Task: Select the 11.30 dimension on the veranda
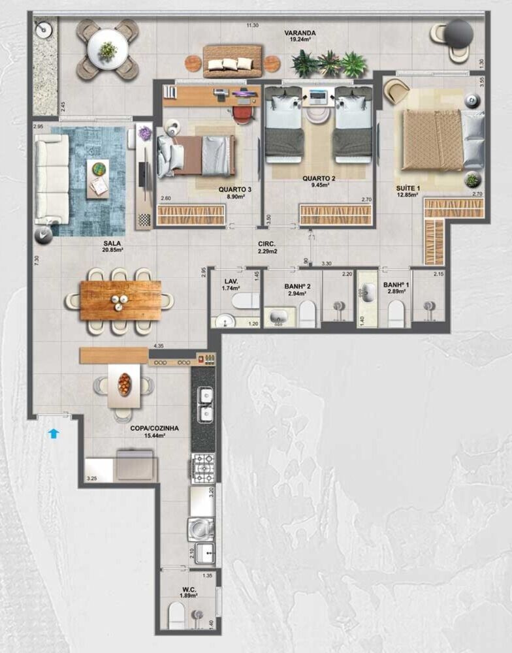pos(252,25)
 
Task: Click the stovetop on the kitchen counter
pos(203,468)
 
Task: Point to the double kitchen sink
pos(203,405)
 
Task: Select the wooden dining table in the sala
pos(120,300)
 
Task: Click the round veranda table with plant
pos(107,49)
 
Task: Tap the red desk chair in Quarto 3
pos(242,114)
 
